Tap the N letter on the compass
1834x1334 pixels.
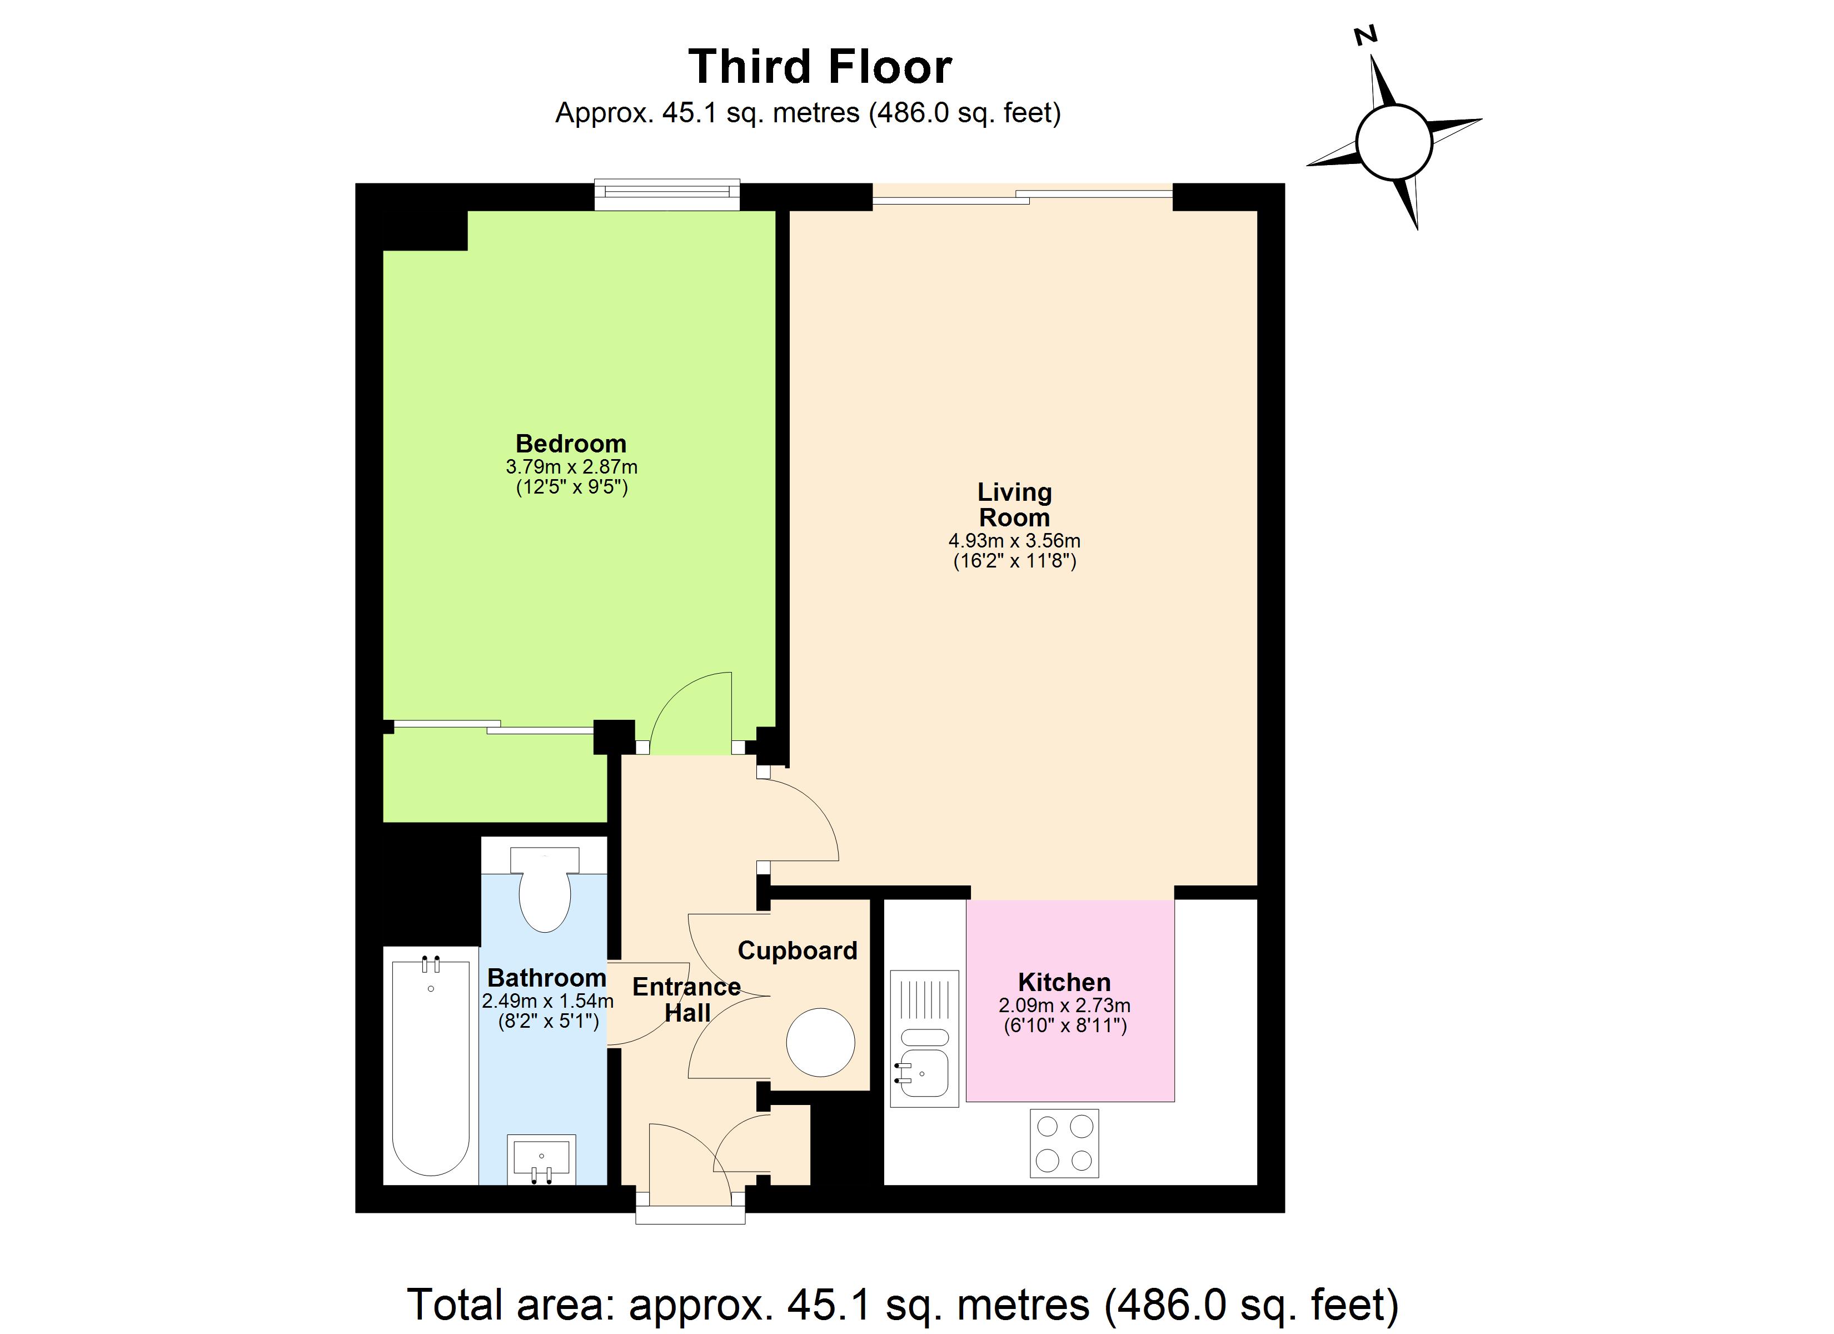click(x=1366, y=35)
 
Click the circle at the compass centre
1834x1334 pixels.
click(x=1395, y=142)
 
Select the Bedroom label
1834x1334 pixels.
click(x=571, y=444)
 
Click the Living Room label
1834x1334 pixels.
click(x=1015, y=504)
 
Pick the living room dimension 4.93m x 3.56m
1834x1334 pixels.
click(x=1015, y=540)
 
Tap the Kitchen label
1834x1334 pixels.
click(x=1064, y=982)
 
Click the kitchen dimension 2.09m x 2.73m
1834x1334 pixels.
click(x=1064, y=1006)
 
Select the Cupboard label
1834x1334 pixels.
click(x=798, y=950)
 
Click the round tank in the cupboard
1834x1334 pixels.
click(x=821, y=1042)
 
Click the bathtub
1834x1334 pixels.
click(x=431, y=1067)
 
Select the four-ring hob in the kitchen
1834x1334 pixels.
click(x=1064, y=1143)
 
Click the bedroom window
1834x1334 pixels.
click(x=667, y=194)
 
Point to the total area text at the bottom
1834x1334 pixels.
click(x=903, y=1304)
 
